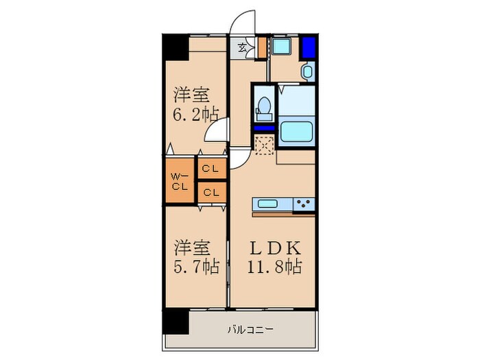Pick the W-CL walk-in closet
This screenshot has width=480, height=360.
[x=180, y=180]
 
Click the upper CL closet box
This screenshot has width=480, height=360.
[x=211, y=167]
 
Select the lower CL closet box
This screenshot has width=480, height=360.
[x=211, y=192]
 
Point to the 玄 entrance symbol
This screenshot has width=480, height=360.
[x=243, y=47]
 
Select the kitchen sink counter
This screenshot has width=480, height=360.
[x=273, y=204]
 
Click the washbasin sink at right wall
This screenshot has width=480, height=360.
[x=307, y=71]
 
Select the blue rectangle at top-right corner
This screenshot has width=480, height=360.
[x=308, y=47]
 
